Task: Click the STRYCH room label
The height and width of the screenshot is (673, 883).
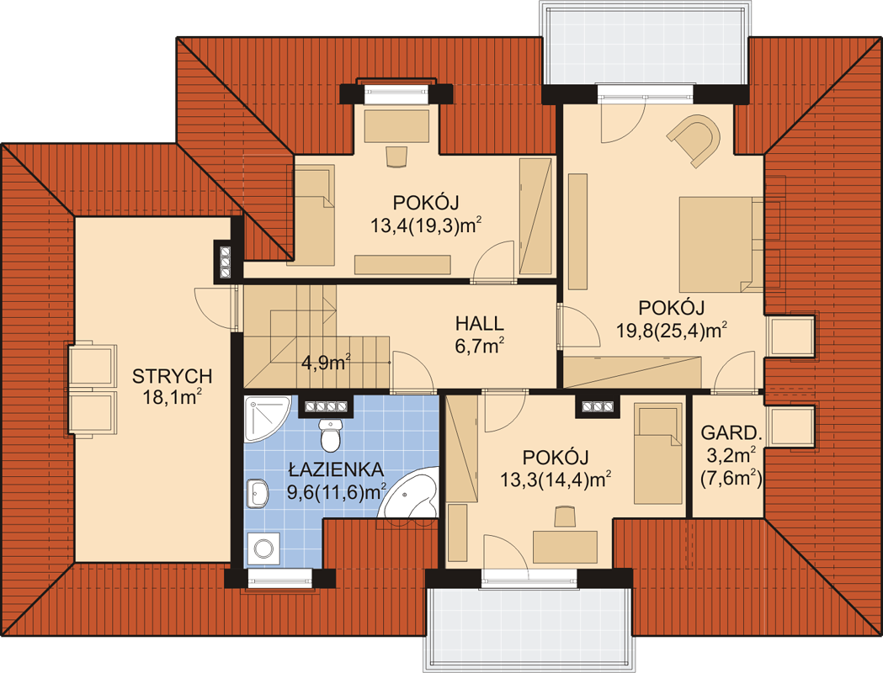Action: (x=172, y=376)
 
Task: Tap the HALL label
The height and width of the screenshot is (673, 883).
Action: (x=479, y=324)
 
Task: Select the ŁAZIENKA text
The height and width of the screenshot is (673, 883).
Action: (x=336, y=469)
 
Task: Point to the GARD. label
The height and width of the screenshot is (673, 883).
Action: (x=731, y=432)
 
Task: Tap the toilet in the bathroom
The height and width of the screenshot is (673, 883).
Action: (x=330, y=434)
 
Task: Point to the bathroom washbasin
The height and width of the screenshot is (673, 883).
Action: (x=258, y=494)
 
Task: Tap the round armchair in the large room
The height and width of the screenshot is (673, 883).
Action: (x=695, y=140)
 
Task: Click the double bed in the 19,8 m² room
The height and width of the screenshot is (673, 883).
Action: (x=721, y=245)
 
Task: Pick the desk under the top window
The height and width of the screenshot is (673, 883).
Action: (x=397, y=126)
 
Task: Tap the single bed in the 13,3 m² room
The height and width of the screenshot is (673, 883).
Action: (x=657, y=453)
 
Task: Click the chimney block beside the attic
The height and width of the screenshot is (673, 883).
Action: (x=226, y=262)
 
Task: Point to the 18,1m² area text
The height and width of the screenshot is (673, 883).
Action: (x=172, y=397)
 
